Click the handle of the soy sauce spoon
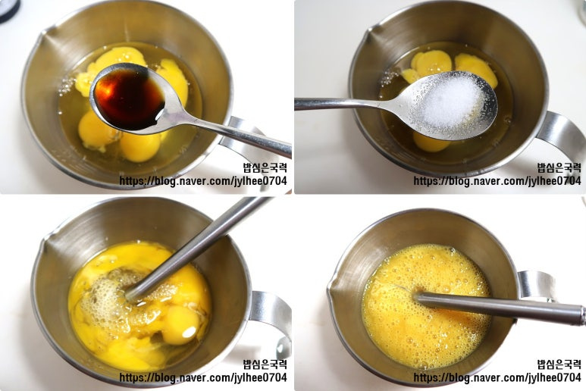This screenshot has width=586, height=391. tap(232, 135)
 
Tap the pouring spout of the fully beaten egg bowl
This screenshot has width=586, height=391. tap(333, 287)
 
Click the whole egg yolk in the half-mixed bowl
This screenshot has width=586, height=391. tap(180, 325)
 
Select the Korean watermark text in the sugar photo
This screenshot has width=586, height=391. tap(559, 167)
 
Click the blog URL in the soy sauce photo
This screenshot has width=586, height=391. tap(203, 181)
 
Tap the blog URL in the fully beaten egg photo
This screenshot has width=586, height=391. tap(497, 377)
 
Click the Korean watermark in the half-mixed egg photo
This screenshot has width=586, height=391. tap(265, 364)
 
